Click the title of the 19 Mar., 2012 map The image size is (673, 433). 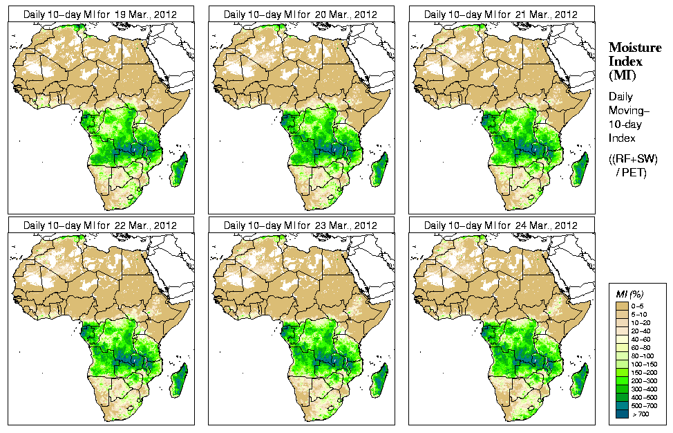click(100, 14)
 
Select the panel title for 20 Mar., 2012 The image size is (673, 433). click(301, 14)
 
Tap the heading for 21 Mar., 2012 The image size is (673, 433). click(501, 14)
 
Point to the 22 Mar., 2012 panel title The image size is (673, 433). click(100, 225)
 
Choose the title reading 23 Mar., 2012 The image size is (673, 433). click(301, 225)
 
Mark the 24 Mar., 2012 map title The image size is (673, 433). click(501, 225)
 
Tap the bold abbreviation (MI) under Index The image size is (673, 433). click(623, 75)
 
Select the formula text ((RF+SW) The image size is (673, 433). click(633, 159)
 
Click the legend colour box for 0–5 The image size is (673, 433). click(622, 305)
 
